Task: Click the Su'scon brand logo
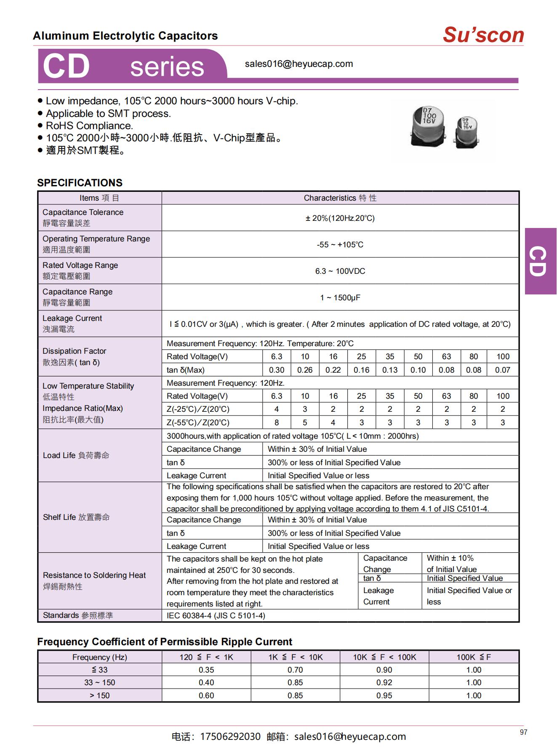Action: click(483, 34)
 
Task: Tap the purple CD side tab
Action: click(540, 261)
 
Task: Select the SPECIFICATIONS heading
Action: click(80, 183)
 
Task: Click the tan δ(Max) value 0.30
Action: click(277, 370)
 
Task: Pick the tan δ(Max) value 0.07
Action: click(503, 370)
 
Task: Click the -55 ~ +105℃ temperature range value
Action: click(340, 244)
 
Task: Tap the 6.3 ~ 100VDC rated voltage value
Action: click(340, 271)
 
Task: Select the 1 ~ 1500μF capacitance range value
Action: click(340, 297)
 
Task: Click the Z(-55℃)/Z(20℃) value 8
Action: click(277, 422)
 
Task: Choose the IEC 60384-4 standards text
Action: click(216, 615)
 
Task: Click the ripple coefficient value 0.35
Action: click(206, 670)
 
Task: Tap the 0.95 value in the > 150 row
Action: click(384, 695)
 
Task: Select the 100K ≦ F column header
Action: click(474, 657)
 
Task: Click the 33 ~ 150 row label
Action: click(100, 682)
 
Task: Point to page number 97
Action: click(523, 732)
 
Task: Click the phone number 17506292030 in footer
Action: click(230, 736)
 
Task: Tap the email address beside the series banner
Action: click(299, 64)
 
